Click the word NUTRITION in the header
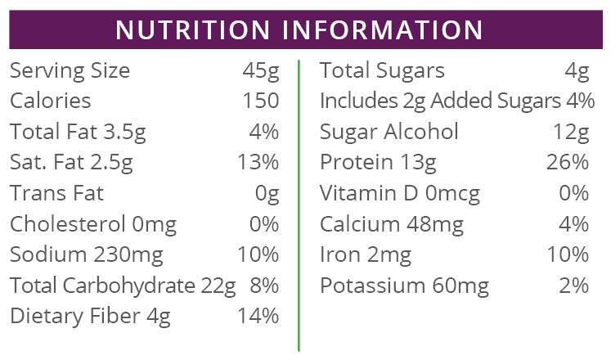[x=192, y=29]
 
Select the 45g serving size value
[x=261, y=71]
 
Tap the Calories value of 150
[x=261, y=101]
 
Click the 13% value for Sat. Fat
[x=258, y=162]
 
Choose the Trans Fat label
[x=57, y=193]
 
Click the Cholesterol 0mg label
[x=93, y=224]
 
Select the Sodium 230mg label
[x=86, y=254]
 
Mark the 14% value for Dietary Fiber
[x=258, y=316]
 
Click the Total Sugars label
[x=382, y=71]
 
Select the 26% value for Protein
[x=568, y=162]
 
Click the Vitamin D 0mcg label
[x=400, y=193]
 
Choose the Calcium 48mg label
[x=392, y=224]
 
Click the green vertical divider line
[x=299, y=205]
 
